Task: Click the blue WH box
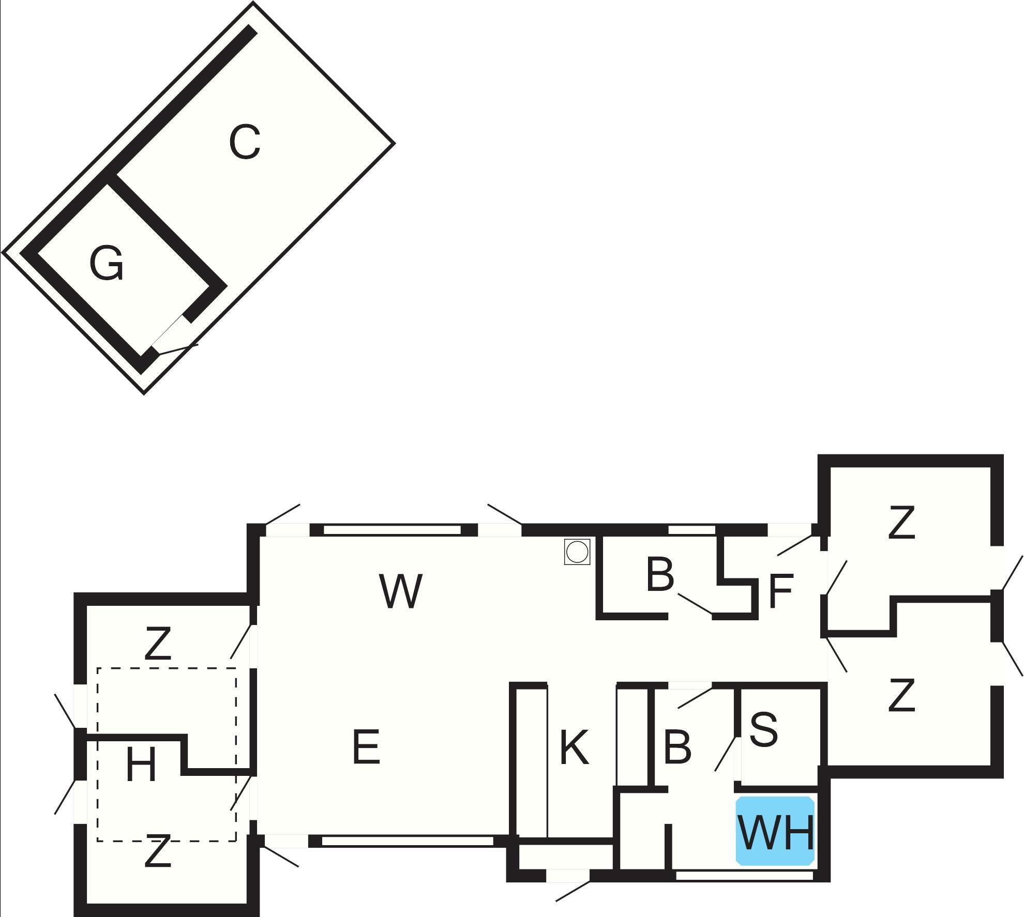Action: [775, 830]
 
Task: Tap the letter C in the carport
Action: [245, 142]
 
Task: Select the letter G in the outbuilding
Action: [107, 264]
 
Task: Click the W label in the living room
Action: [401, 591]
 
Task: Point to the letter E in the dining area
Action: [366, 746]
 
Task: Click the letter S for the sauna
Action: [763, 729]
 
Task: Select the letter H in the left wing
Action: [141, 766]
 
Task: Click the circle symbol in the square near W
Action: [577, 552]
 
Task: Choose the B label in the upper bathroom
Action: [660, 574]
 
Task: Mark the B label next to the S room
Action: [677, 747]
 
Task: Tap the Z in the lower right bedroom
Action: [901, 696]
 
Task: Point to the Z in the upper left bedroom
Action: [158, 643]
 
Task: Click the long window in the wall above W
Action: [392, 530]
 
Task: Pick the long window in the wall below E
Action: [408, 841]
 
